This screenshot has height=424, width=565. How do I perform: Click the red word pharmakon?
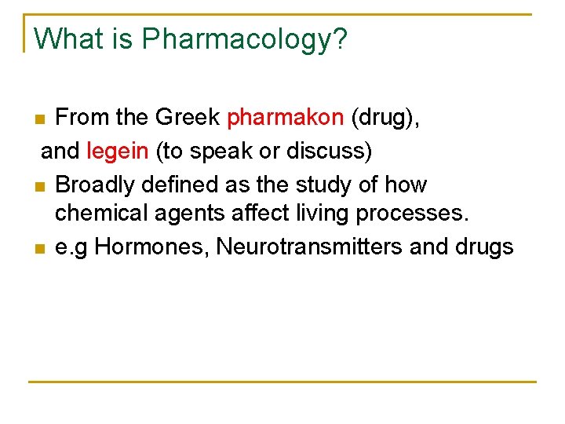[285, 118]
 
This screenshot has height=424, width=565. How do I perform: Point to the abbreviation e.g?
[71, 248]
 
